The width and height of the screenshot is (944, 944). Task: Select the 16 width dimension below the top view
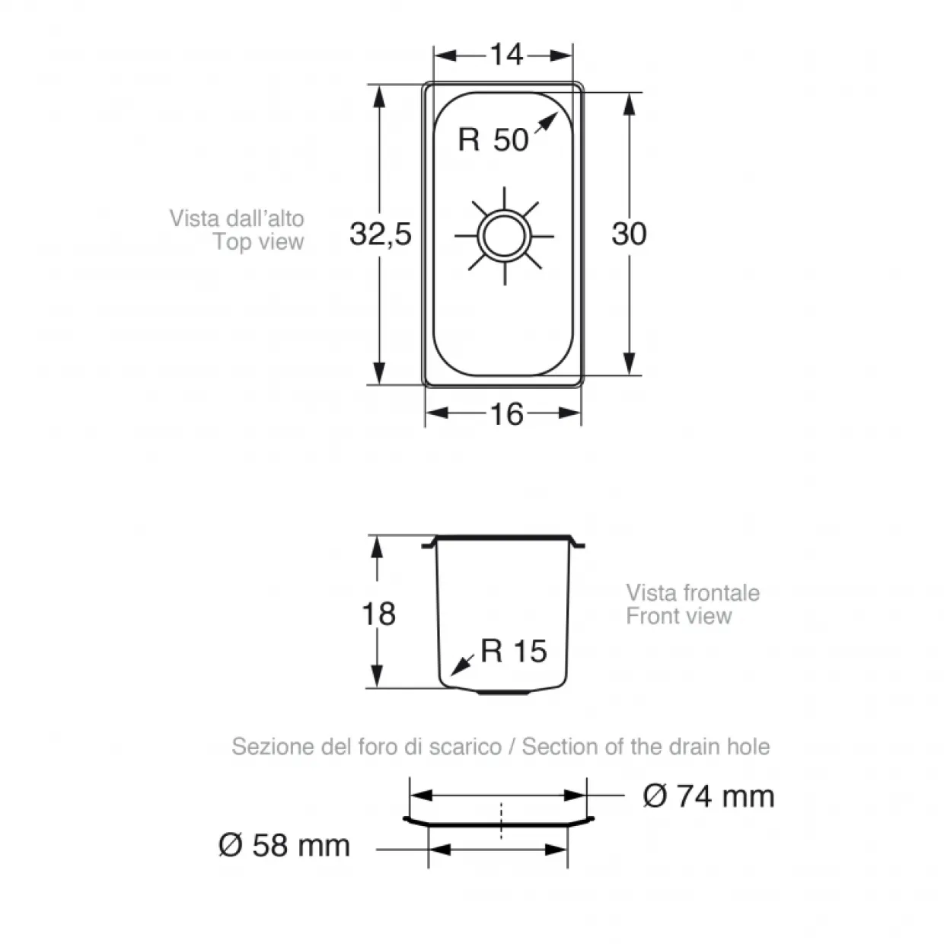point(506,414)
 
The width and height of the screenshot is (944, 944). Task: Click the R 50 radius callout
point(493,139)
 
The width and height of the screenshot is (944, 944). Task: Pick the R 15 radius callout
point(513,651)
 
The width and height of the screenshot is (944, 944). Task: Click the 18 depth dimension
point(378,614)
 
